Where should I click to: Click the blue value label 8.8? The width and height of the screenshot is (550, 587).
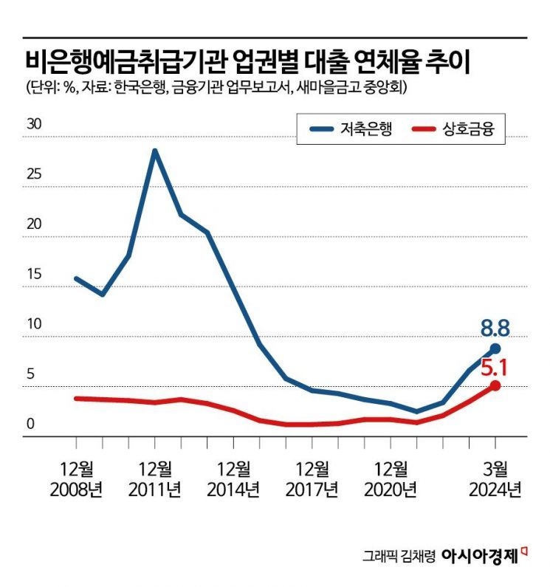click(495, 327)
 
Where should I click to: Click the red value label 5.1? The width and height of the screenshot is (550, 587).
click(495, 365)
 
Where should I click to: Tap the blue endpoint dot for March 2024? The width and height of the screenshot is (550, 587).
click(495, 348)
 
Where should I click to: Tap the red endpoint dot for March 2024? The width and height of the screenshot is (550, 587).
click(495, 385)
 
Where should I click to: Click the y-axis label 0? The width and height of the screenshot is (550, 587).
click(31, 425)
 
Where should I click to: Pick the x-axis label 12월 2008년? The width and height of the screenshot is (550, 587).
click(76, 478)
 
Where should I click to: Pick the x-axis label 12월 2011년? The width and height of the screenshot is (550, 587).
click(155, 478)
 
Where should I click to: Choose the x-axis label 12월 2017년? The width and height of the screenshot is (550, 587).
click(313, 478)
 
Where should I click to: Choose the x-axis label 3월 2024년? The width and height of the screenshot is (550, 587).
click(495, 478)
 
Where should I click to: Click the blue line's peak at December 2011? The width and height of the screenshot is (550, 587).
click(154, 151)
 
